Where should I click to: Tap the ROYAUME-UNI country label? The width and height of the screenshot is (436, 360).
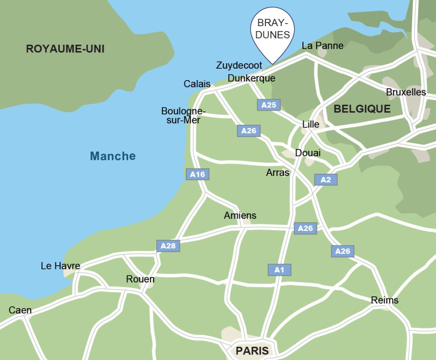[x=65, y=49]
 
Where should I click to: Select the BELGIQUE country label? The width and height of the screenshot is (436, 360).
[x=362, y=109]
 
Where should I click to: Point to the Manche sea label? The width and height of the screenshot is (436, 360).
[x=113, y=156]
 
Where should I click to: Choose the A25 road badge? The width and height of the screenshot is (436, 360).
[x=269, y=105]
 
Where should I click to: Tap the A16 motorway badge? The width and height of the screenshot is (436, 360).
[x=198, y=174]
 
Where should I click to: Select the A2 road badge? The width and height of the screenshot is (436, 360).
[x=326, y=180]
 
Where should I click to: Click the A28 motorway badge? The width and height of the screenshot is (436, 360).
[x=168, y=246]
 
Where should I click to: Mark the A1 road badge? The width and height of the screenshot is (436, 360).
[x=280, y=270]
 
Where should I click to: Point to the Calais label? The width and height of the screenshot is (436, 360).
[x=197, y=84]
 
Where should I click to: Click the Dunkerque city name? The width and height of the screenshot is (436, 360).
[x=251, y=78]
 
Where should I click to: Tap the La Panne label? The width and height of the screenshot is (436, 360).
[x=323, y=46]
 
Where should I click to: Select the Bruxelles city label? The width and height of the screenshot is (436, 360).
[x=405, y=92]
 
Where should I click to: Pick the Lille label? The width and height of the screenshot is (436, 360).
[x=311, y=124]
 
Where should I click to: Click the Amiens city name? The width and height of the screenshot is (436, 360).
[x=240, y=216]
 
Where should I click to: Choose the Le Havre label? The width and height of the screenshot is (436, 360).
[x=60, y=266]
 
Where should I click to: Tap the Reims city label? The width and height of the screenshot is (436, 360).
[x=384, y=300]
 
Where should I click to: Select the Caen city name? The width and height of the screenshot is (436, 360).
[x=20, y=310]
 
